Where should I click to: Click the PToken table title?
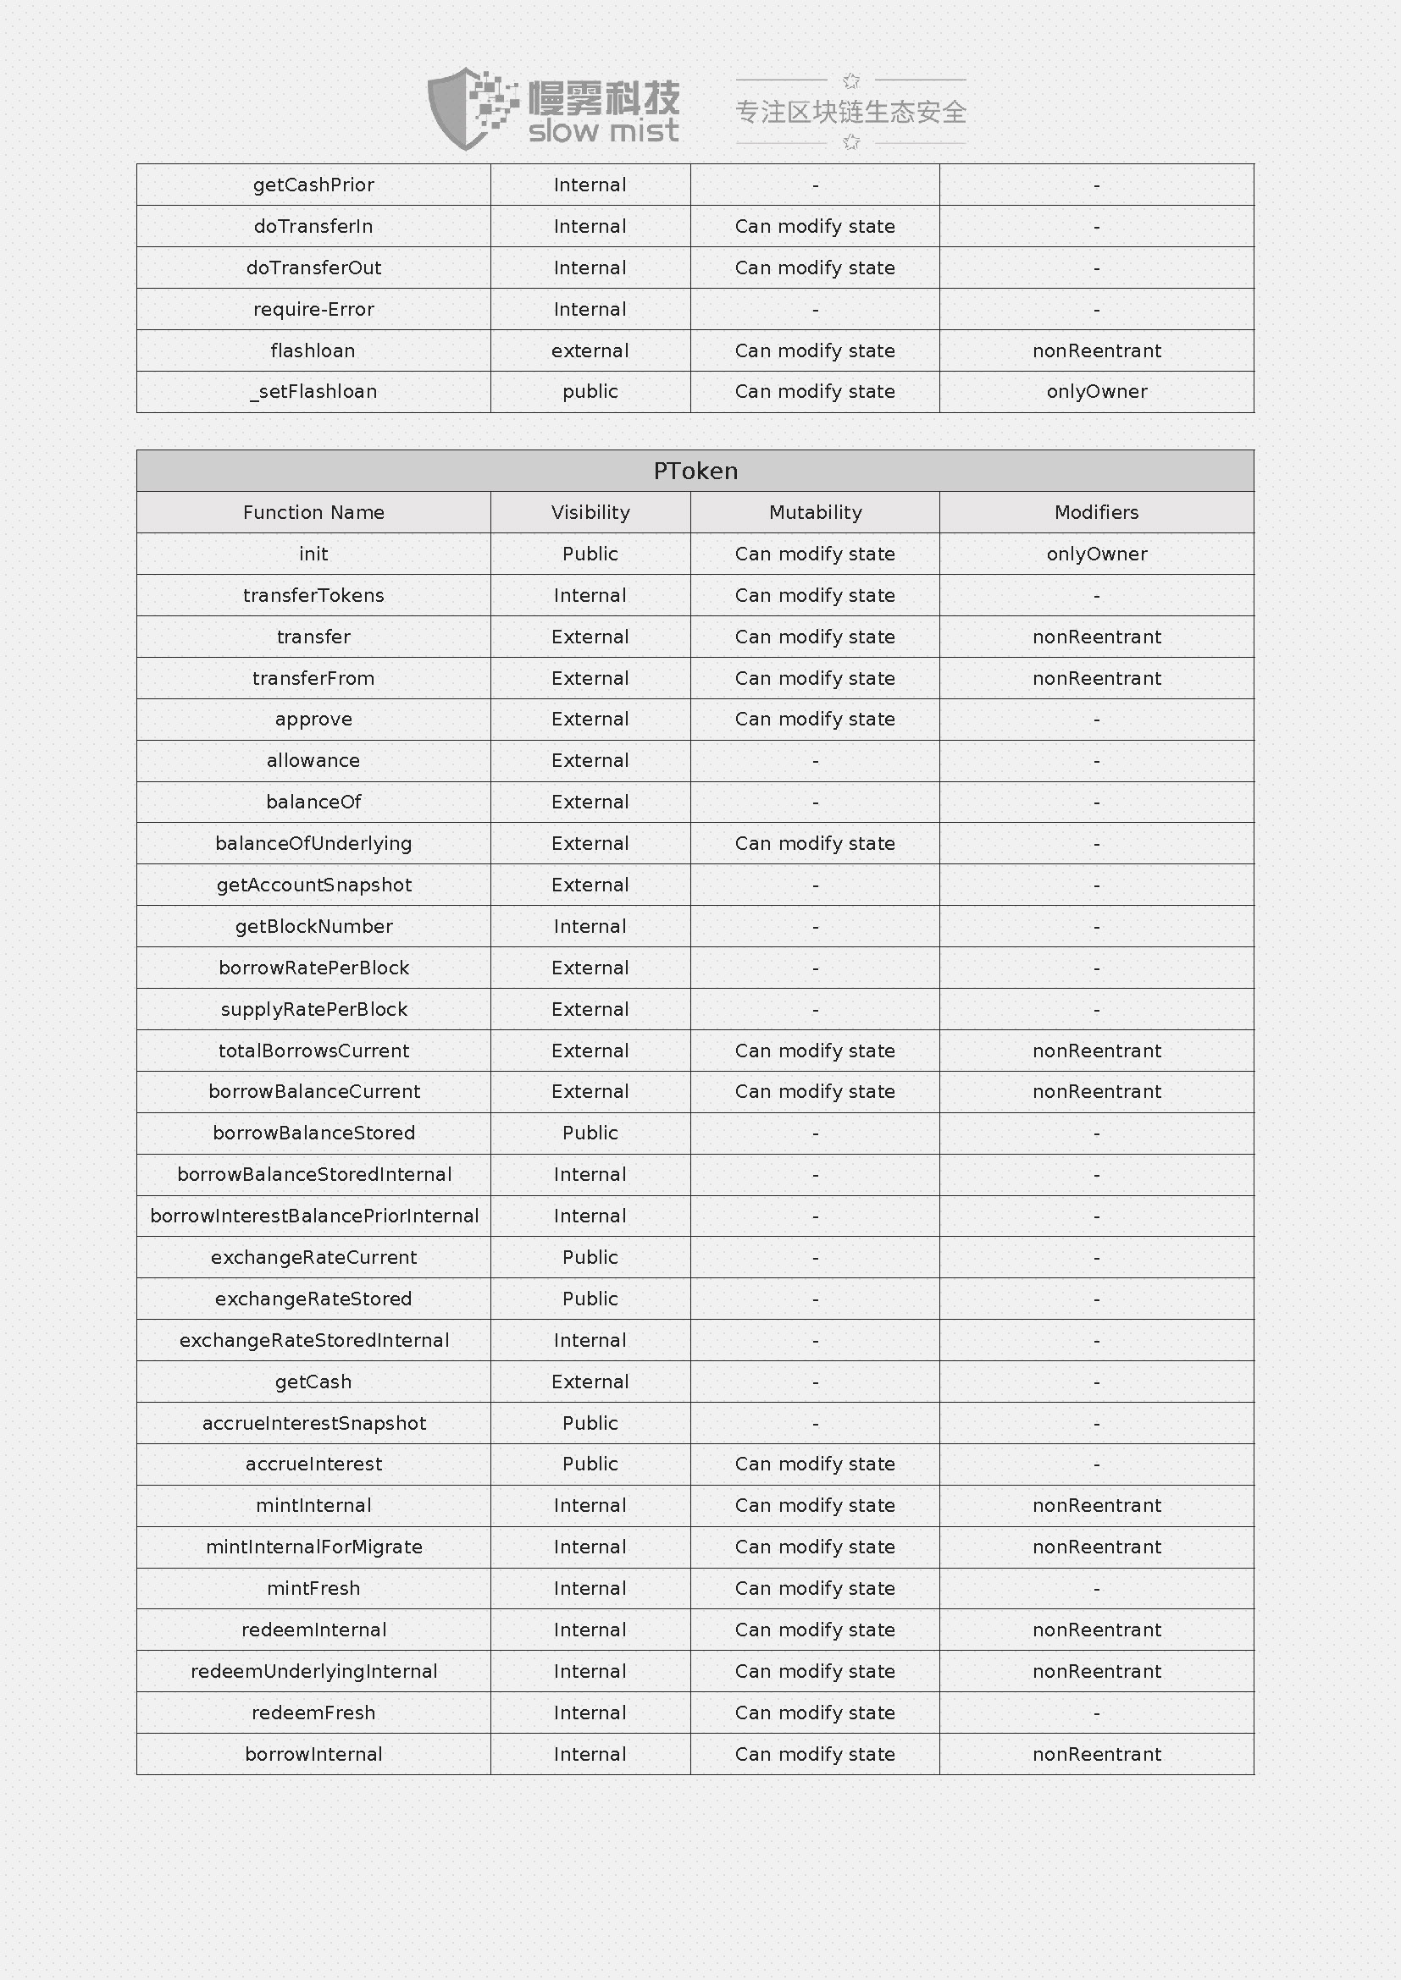(x=695, y=471)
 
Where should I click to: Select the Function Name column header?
(x=313, y=512)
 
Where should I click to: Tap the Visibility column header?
(x=590, y=512)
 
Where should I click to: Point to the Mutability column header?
(x=815, y=512)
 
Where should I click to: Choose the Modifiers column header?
(x=1096, y=512)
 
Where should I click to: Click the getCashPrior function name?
(x=313, y=185)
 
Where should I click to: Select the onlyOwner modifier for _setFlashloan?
(x=1096, y=392)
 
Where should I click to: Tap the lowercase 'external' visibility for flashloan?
(x=590, y=350)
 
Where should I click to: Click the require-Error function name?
(x=313, y=309)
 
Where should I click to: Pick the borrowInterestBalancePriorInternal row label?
(x=314, y=1216)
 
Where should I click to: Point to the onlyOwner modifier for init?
(x=1096, y=554)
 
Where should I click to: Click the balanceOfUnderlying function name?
(x=313, y=843)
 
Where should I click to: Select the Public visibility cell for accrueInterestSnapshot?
(x=590, y=1423)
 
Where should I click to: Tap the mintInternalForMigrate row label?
(x=314, y=1547)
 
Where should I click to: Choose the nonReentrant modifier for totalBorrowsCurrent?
(x=1096, y=1051)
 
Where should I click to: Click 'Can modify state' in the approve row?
(x=815, y=720)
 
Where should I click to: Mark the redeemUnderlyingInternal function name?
(x=314, y=1671)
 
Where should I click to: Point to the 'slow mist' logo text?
(x=603, y=132)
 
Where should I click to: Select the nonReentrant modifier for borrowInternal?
(x=1096, y=1754)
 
